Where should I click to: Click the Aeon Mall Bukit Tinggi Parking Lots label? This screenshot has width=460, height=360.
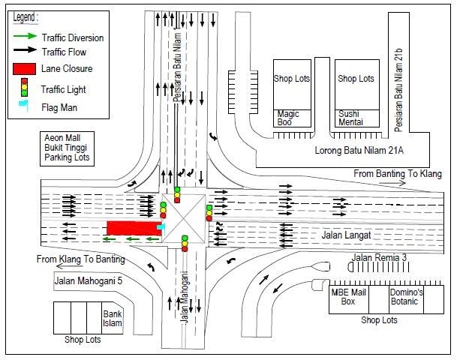tap(67, 148)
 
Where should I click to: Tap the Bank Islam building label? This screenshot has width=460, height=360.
tap(113, 319)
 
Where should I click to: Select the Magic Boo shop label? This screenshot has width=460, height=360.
tap(288, 118)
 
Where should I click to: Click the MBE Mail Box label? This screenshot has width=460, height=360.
tap(349, 296)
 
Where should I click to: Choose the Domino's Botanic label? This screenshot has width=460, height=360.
tap(405, 296)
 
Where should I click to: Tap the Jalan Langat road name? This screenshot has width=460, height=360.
tap(346, 235)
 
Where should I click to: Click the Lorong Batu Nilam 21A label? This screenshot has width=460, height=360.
tap(359, 150)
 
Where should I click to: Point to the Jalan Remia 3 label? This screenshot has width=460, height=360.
tap(379, 258)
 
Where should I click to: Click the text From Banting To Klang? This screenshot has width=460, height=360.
tap(398, 174)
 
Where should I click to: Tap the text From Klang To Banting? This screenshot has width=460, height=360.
tap(80, 259)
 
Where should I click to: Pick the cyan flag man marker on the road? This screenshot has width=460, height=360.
tap(161, 226)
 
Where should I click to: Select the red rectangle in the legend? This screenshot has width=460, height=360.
tap(24, 69)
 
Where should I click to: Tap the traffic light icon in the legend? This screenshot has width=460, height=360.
tap(24, 88)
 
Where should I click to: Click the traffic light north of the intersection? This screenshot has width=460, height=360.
tap(178, 194)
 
